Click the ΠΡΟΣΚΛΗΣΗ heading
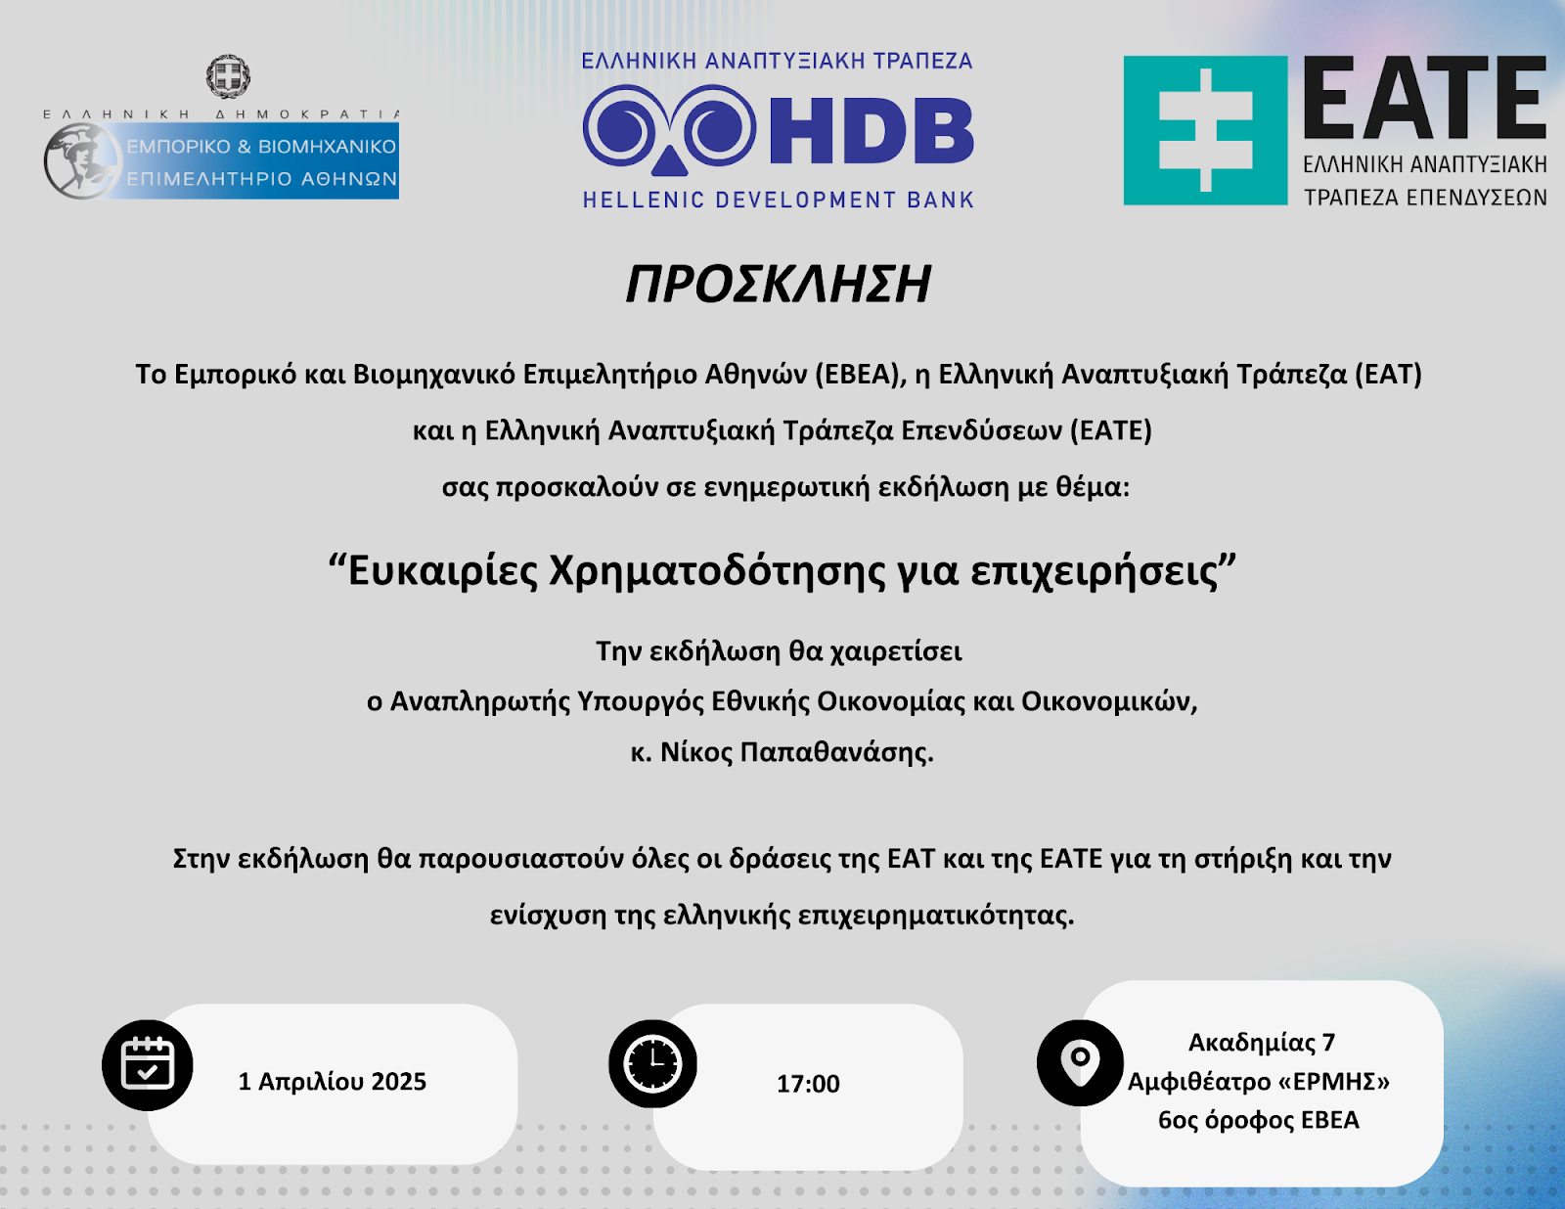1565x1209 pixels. (x=779, y=284)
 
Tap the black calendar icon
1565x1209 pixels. (x=147, y=1064)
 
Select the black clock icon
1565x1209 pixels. (x=652, y=1063)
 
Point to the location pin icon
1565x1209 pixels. (x=1080, y=1063)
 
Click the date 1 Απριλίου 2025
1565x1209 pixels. (x=332, y=1082)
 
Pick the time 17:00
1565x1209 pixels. (x=808, y=1084)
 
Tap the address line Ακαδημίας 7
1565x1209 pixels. (x=1262, y=1042)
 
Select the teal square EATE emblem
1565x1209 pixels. (x=1205, y=130)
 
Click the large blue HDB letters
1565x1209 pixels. (x=872, y=131)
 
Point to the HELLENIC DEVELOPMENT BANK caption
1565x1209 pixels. (x=779, y=200)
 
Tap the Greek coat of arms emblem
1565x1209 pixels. (x=228, y=76)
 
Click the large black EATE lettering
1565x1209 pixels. (x=1425, y=98)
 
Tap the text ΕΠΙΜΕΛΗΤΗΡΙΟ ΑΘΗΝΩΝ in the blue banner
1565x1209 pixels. (x=261, y=179)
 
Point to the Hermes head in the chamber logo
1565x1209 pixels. (x=82, y=160)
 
